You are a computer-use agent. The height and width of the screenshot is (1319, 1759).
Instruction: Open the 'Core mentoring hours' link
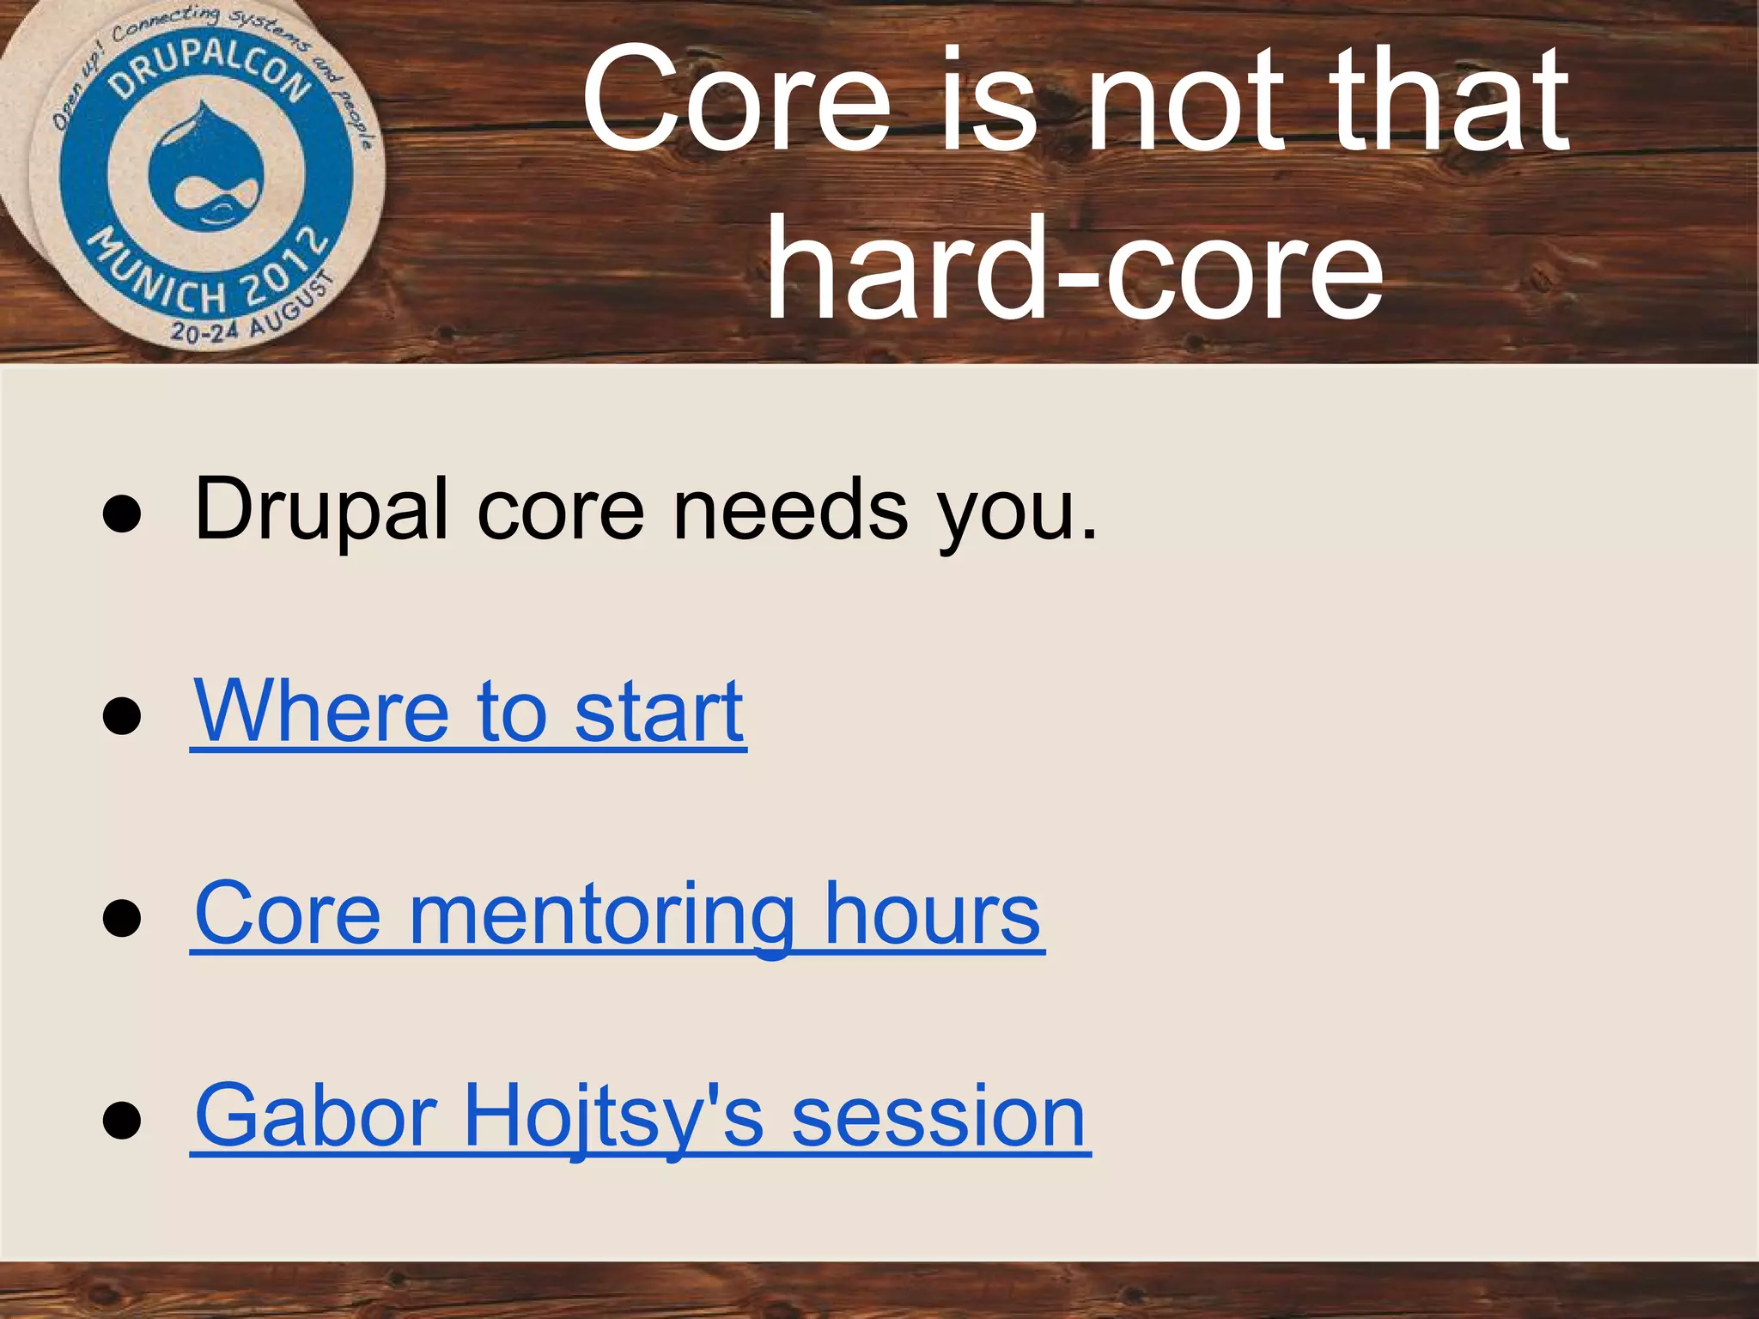617,914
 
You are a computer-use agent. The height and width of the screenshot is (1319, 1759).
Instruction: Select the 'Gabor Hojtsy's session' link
640,1115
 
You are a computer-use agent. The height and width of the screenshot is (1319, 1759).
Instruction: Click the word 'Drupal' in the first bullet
321,511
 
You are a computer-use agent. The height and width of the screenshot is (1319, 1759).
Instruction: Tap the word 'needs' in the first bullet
790,511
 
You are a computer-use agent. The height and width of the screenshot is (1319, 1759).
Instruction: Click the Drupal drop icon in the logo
206,167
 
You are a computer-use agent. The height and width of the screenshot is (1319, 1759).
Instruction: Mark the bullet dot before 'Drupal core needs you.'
121,515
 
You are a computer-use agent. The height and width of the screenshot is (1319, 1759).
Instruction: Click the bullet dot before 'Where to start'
121,716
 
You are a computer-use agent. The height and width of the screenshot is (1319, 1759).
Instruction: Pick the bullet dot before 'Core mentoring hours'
121,918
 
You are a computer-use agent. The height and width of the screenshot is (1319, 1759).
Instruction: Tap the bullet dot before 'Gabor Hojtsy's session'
121,1120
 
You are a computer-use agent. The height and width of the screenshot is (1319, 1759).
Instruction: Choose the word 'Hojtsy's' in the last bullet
613,1115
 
